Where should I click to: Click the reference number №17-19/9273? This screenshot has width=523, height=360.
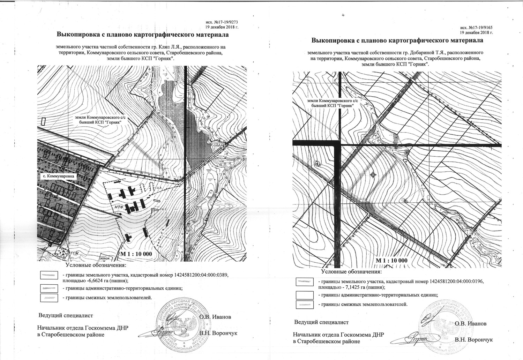(x=225, y=22)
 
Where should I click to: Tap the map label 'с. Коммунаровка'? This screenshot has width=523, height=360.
(x=57, y=177)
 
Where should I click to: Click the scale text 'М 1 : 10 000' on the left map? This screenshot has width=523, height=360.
(x=136, y=254)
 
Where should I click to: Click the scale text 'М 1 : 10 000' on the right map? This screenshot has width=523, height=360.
(x=391, y=261)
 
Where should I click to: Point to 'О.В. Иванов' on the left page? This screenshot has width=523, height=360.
(x=215, y=317)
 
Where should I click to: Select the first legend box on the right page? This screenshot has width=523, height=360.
(x=304, y=282)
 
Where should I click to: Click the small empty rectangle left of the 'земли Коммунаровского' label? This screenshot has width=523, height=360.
(x=43, y=121)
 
